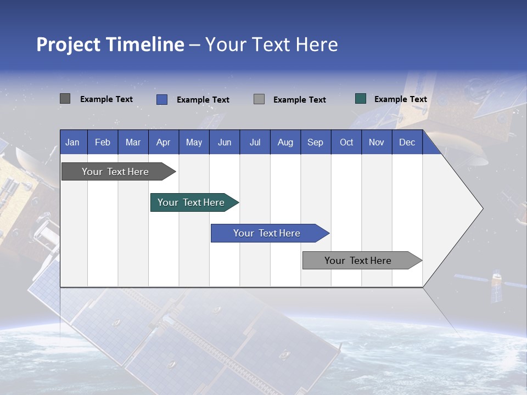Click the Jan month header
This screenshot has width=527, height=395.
pos(72,142)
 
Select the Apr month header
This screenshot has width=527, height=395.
pos(164,142)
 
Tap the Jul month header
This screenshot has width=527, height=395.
pos(255,142)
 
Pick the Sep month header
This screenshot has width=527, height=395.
pos(315,142)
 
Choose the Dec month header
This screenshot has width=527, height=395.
pos(407,142)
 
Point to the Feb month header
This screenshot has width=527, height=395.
pos(103,142)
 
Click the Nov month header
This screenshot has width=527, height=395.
pos(377,142)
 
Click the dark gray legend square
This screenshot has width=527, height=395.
pos(65,99)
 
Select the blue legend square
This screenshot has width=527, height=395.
pos(162,99)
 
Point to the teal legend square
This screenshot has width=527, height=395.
pos(361,99)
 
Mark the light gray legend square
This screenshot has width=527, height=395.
pos(259,99)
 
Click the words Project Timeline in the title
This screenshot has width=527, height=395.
pos(110,44)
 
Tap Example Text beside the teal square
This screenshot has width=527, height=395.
pos(400,99)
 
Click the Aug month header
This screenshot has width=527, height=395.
pos(285,142)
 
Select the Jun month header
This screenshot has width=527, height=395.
pos(225,142)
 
